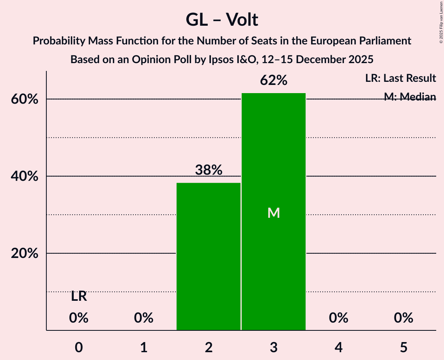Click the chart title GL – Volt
click(222, 19)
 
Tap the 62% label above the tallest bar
click(274, 81)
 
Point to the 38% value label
click(209, 170)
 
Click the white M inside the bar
click(274, 213)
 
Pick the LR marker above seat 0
click(79, 296)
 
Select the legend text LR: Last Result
click(400, 78)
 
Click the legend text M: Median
click(410, 97)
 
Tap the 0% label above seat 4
click(338, 318)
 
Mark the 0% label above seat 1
click(144, 318)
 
